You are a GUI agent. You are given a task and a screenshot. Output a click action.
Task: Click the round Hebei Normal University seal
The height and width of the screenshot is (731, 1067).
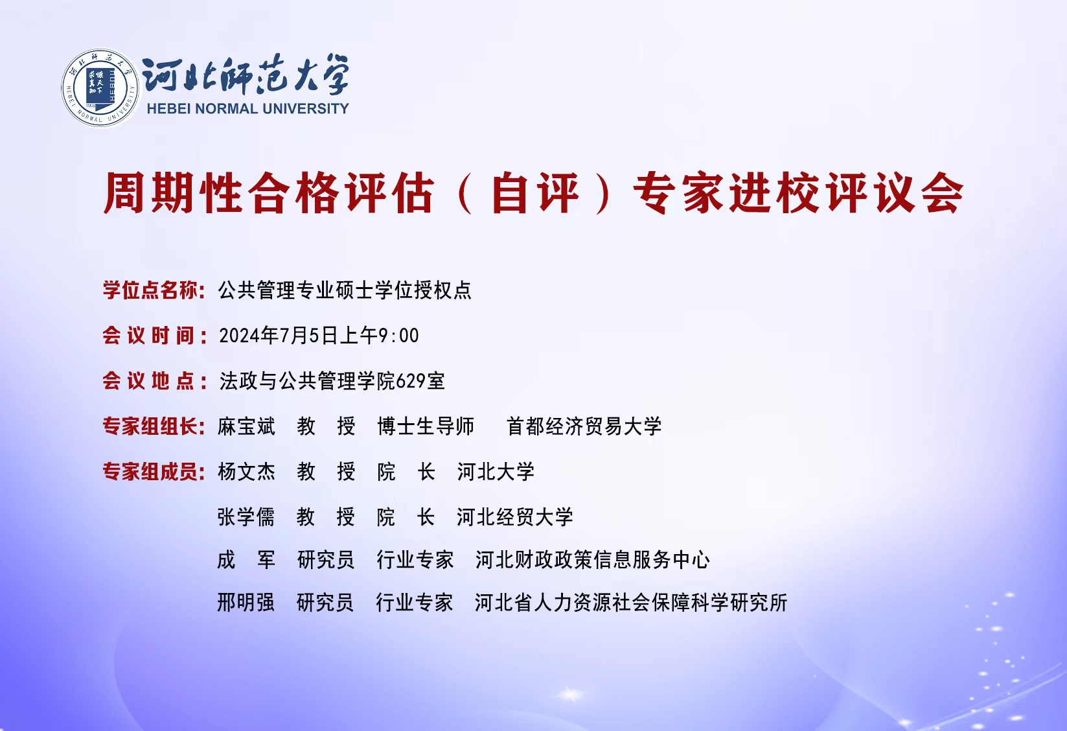(100, 88)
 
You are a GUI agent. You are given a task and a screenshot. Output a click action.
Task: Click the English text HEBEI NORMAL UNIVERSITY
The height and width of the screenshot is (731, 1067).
(247, 109)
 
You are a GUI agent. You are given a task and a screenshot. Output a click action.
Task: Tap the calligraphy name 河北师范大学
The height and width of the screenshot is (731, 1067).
(246, 75)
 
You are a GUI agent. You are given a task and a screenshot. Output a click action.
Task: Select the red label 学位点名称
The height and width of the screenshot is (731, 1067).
(154, 290)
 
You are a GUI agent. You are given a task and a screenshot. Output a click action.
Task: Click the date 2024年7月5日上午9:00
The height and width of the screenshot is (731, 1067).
(319, 336)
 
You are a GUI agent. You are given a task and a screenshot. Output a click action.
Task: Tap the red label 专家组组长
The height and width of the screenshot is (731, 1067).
(154, 426)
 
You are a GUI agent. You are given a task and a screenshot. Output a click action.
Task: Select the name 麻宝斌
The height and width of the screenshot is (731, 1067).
(246, 426)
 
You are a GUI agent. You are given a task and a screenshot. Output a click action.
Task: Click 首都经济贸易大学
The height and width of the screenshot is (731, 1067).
(584, 426)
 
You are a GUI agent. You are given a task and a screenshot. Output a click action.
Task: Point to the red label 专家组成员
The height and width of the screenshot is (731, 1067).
(154, 472)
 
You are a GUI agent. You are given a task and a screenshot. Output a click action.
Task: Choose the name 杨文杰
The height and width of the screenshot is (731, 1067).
(246, 472)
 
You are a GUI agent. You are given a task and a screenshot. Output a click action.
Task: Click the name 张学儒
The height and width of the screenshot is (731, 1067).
(246, 516)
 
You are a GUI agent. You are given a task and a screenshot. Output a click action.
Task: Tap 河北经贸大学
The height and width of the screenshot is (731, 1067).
(515, 516)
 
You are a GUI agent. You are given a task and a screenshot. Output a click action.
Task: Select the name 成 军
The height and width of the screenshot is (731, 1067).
(246, 560)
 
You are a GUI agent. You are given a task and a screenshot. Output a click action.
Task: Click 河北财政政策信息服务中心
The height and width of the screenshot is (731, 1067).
(593, 560)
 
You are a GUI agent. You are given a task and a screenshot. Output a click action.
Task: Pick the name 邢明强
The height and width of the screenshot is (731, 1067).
(246, 603)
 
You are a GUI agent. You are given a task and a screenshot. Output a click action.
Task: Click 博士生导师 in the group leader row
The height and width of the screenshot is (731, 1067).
(426, 426)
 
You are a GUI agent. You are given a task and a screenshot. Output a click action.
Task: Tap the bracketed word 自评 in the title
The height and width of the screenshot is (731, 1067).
(535, 193)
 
